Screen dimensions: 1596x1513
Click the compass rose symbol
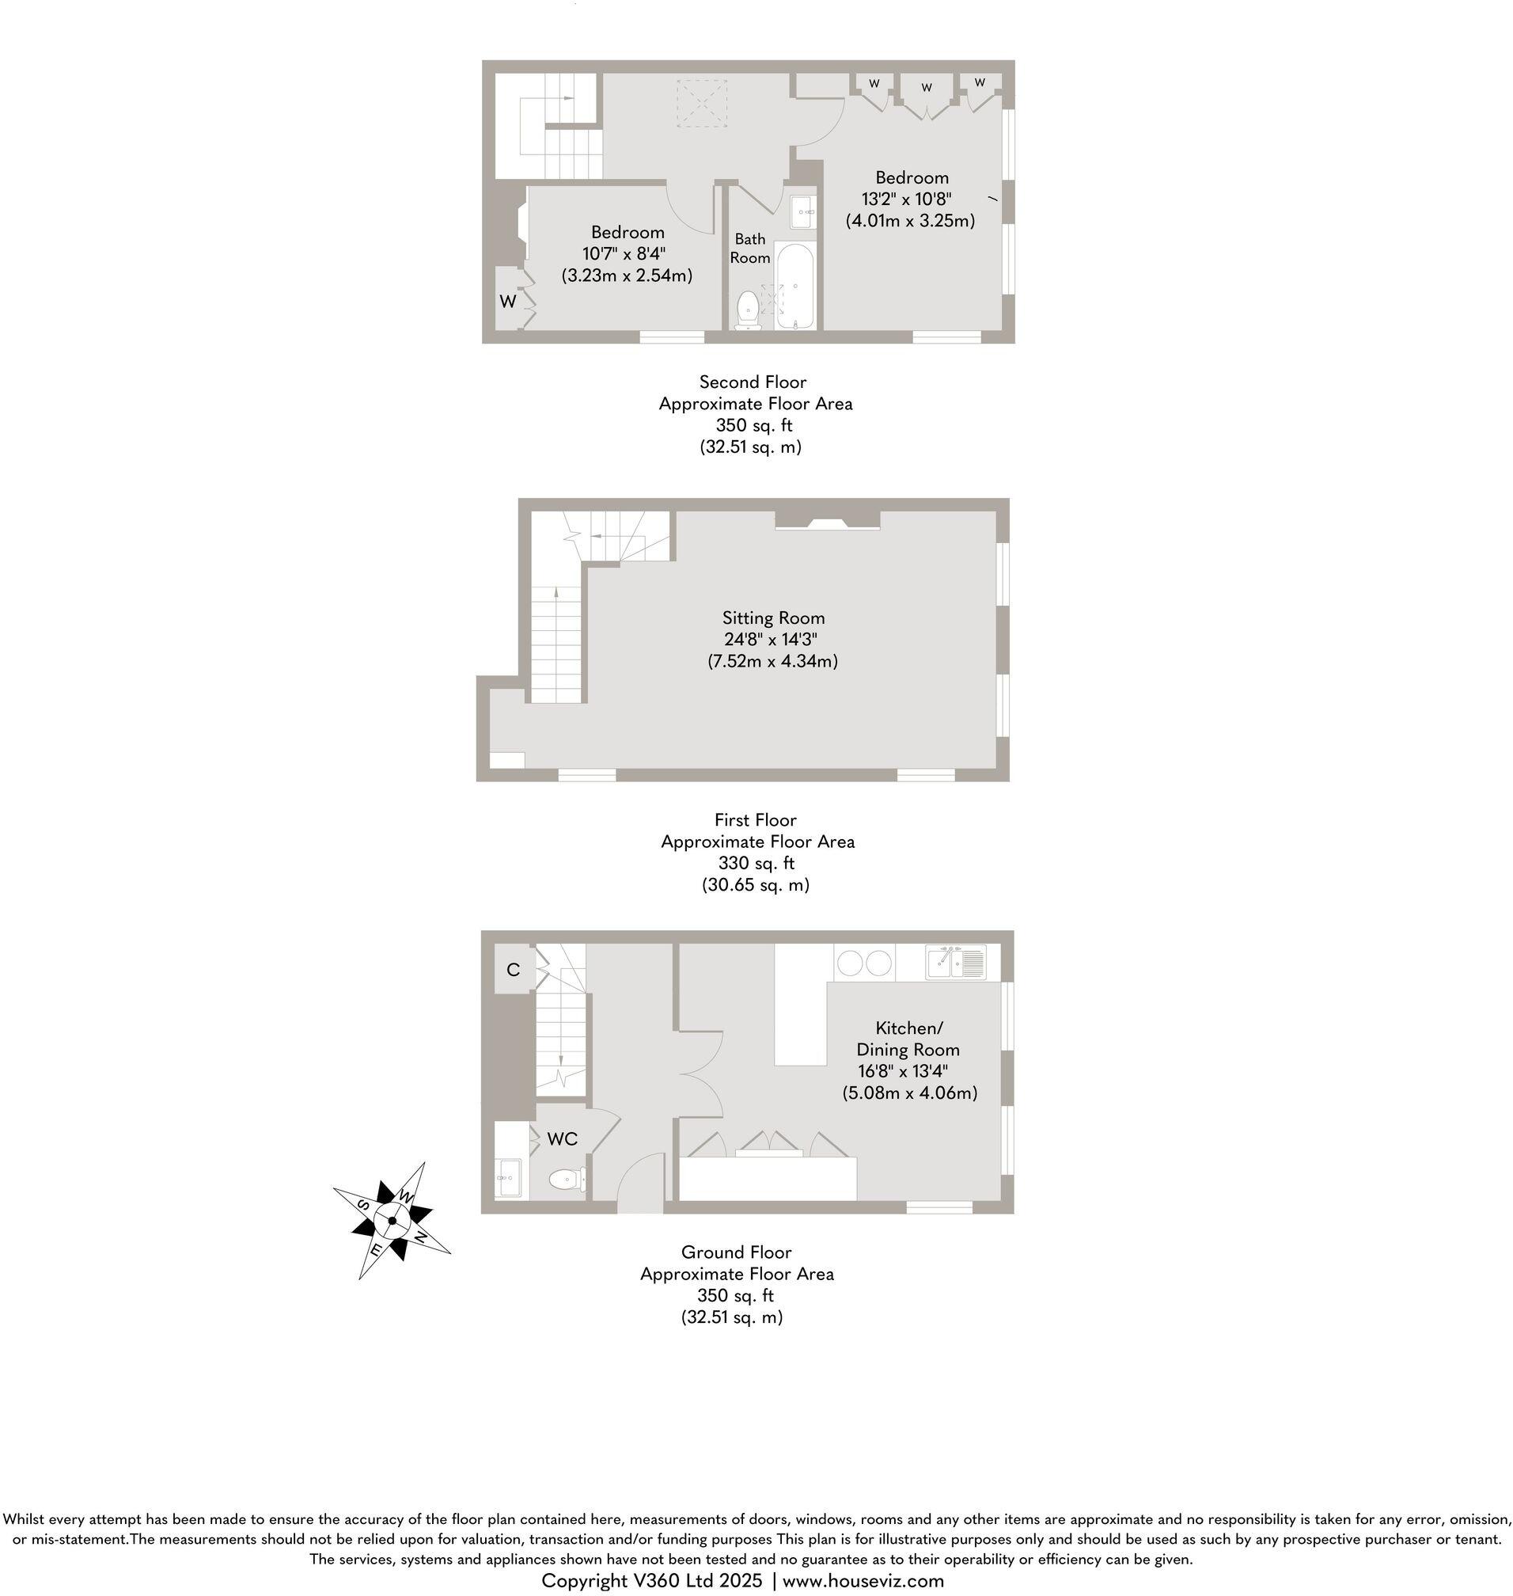coord(392,1220)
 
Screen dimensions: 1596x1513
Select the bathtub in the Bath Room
coord(795,286)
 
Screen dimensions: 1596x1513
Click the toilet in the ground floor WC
coord(566,1180)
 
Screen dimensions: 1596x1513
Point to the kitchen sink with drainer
coord(956,962)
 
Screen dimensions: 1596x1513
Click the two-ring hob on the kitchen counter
coord(864,963)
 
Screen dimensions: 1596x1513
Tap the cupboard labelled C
coord(513,969)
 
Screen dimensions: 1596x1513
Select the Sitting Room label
coord(772,618)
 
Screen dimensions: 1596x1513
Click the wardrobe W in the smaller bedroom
coord(507,301)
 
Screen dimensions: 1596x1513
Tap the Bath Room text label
coord(749,249)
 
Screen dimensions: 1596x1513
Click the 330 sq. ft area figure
coord(756,863)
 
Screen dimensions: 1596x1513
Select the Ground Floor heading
coord(736,1252)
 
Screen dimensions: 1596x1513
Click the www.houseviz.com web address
coord(863,1580)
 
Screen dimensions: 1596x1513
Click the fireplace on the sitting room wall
coord(828,522)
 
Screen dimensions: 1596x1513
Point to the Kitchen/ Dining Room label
coord(908,1039)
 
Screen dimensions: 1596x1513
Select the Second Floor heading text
coord(753,382)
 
